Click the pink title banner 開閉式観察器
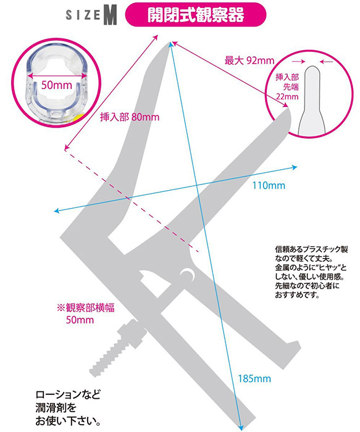tap(196, 15)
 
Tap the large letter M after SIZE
tap(111, 16)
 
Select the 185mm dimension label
tap(254, 378)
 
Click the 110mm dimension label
tap(269, 185)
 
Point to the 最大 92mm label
tap(249, 60)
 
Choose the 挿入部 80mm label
tap(130, 117)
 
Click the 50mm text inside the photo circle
tap(57, 85)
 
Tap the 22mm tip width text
tap(288, 97)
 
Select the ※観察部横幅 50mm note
tap(85, 314)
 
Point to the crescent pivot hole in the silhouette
tap(188, 275)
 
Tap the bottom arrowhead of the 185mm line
tap(240, 427)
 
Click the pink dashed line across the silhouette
tap(132, 201)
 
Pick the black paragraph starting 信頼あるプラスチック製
tap(311, 272)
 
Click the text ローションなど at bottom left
tap(68, 394)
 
